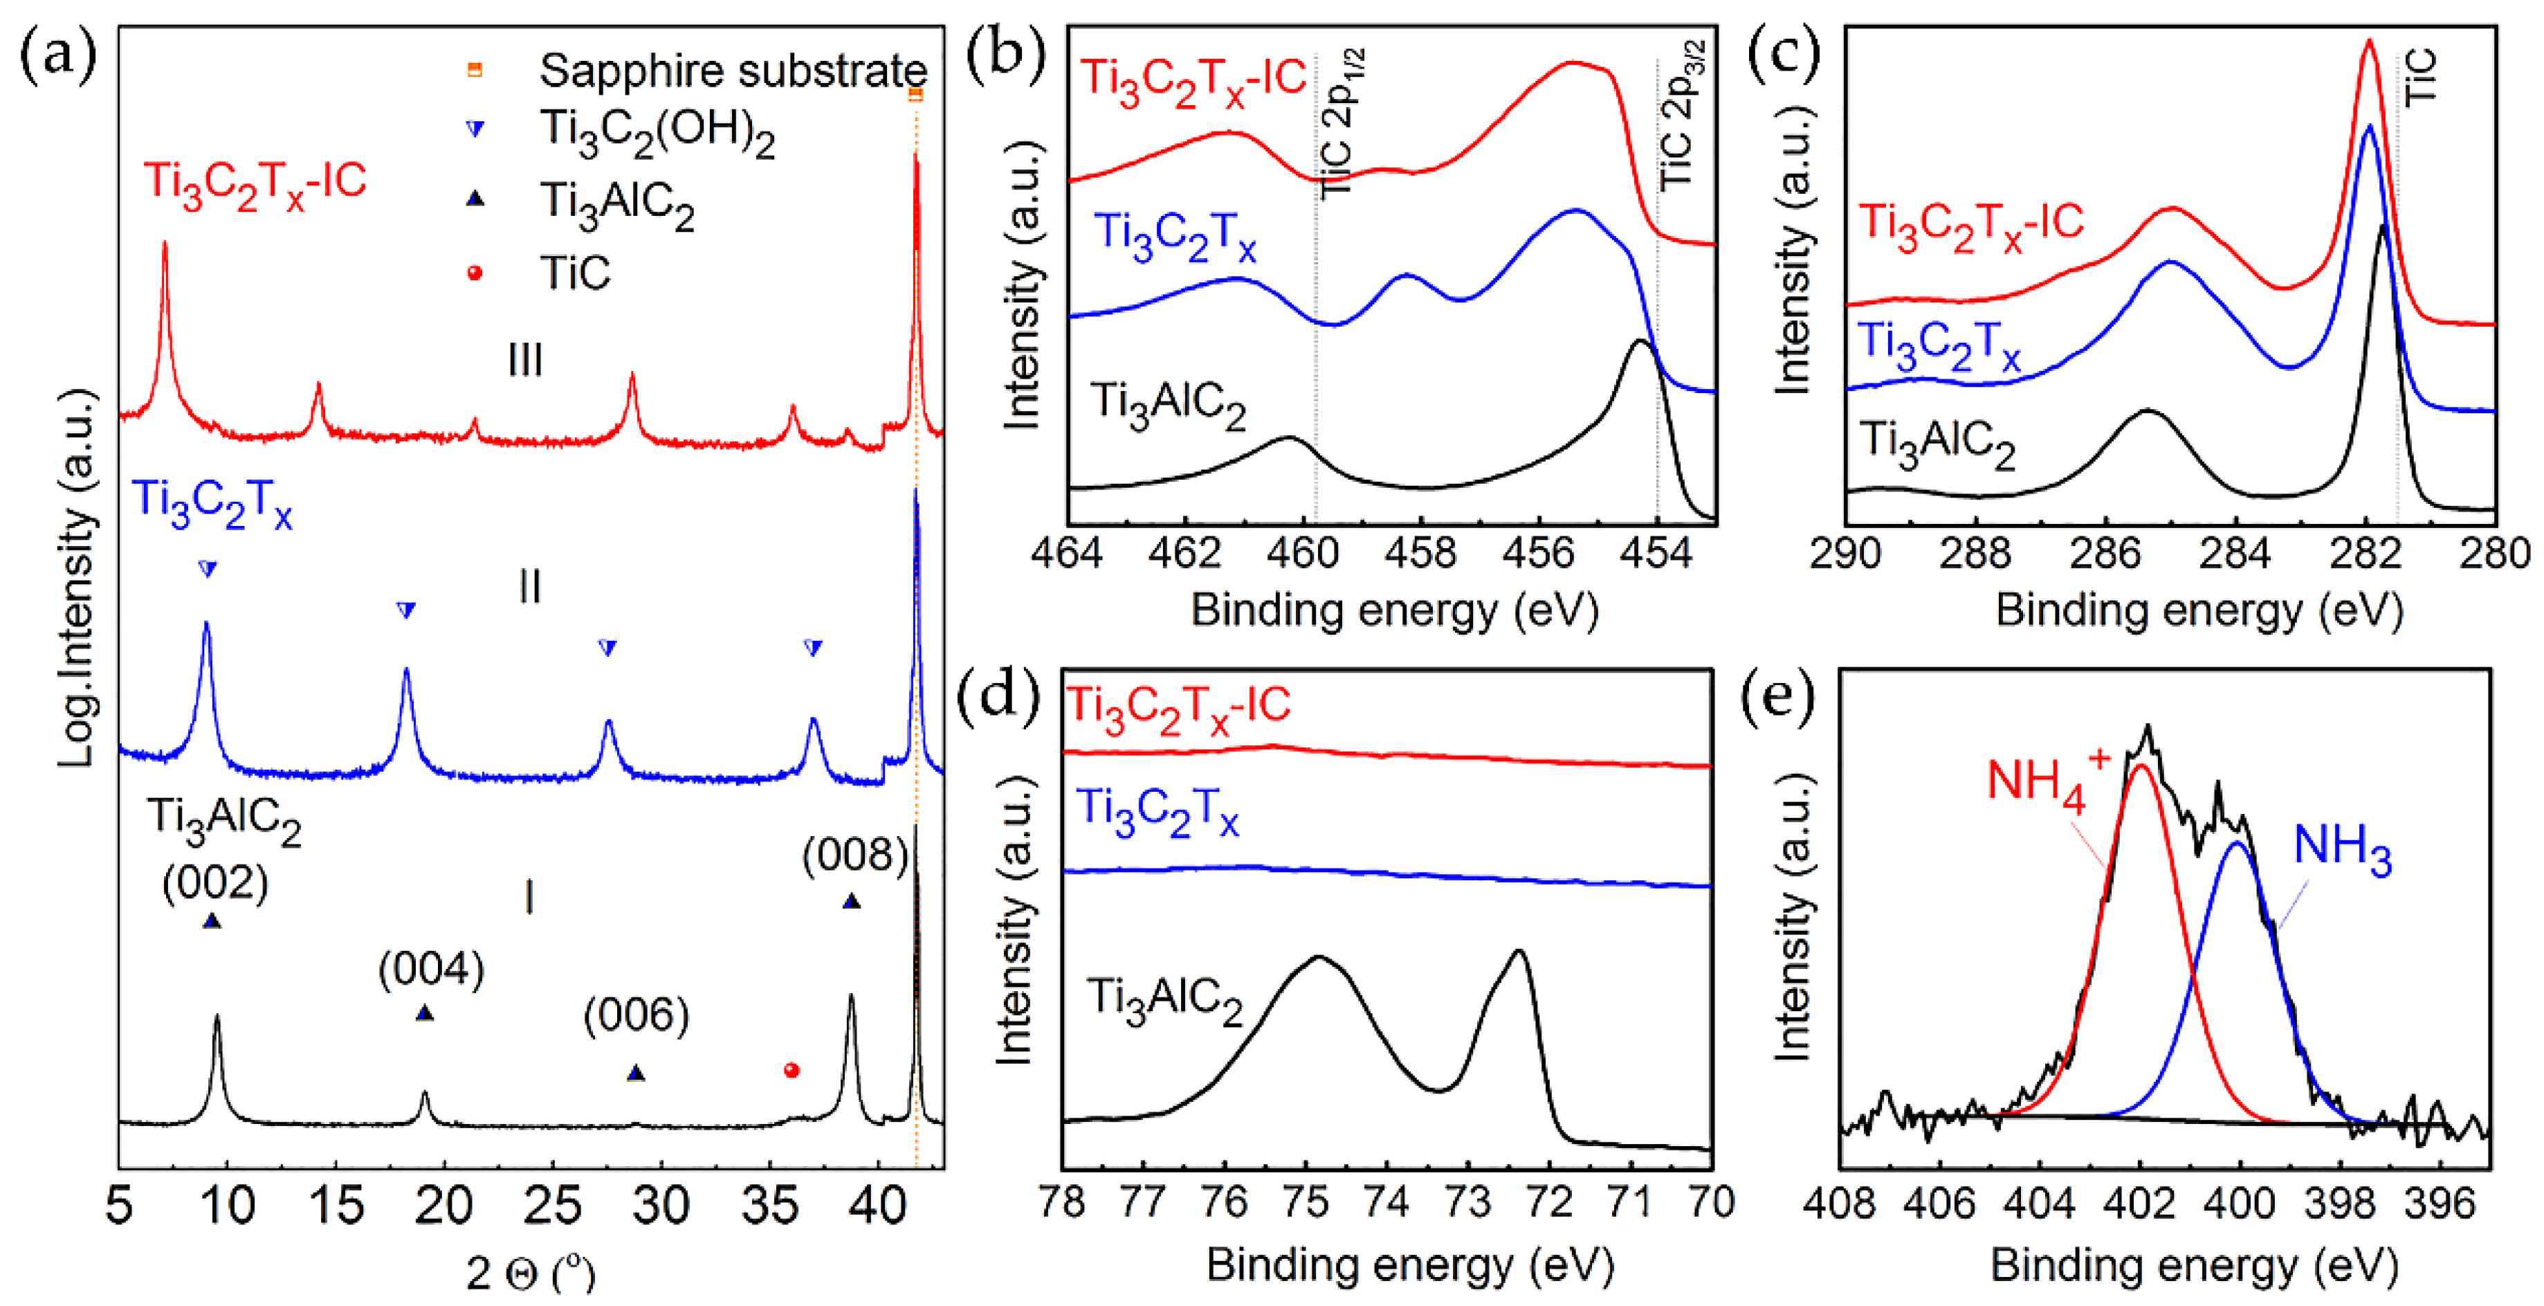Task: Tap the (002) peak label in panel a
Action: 215,882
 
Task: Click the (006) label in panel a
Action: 636,1015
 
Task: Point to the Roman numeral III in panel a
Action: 525,361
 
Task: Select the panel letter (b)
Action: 1005,55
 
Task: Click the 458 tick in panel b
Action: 1420,553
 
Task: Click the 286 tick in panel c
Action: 2105,553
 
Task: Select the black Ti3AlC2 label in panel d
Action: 1163,1000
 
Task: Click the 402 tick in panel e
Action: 2139,1204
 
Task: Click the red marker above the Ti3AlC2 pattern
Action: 791,1070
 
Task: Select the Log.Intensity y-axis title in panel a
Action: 77,578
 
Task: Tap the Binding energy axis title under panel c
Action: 2198,610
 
